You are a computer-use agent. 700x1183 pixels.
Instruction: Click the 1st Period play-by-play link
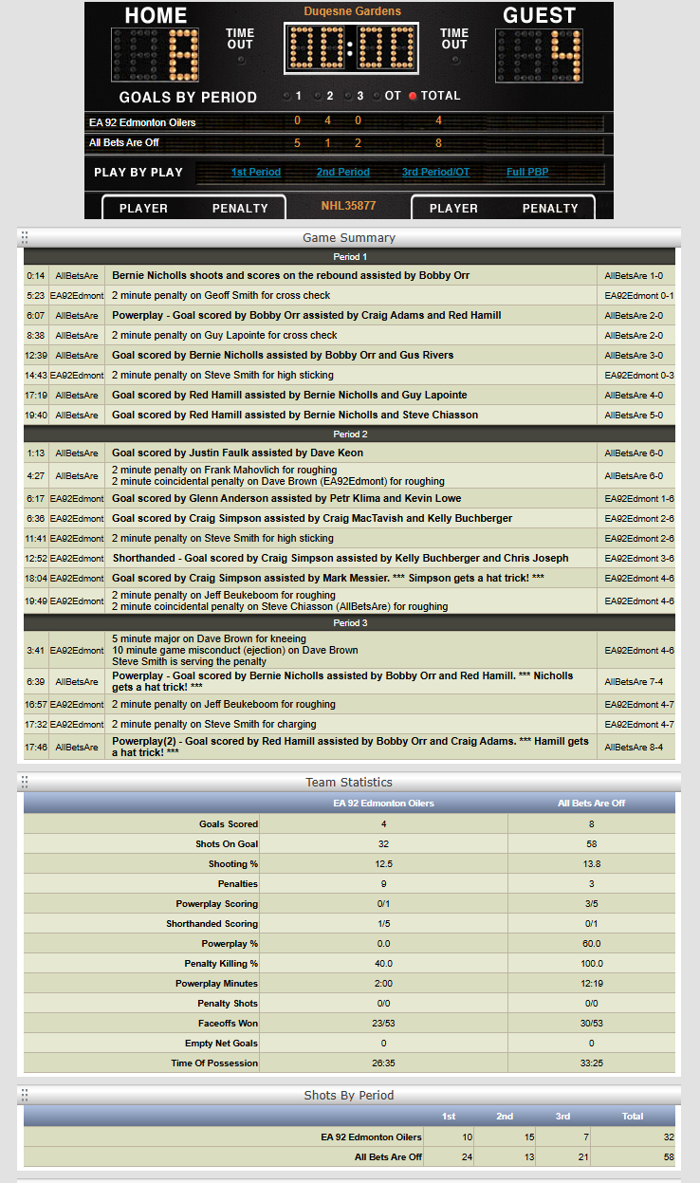(x=256, y=173)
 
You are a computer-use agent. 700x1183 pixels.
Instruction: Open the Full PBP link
(x=527, y=173)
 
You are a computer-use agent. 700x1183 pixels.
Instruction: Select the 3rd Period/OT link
(x=435, y=173)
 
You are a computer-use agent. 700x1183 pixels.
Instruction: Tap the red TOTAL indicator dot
(x=413, y=96)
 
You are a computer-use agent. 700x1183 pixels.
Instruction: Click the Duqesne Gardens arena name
(x=353, y=11)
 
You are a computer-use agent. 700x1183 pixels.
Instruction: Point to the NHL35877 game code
(x=349, y=206)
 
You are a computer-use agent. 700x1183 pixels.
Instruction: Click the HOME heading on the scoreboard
(x=156, y=15)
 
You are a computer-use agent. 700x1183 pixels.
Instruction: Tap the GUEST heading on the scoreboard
(x=540, y=15)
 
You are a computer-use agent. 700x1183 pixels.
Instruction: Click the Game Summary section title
(x=349, y=237)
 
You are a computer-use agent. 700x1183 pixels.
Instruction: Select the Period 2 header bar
(x=349, y=434)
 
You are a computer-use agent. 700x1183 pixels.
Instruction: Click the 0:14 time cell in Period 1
(x=36, y=275)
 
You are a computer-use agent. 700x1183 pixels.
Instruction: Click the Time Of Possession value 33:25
(x=592, y=1063)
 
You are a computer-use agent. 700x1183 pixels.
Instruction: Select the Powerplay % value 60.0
(x=592, y=944)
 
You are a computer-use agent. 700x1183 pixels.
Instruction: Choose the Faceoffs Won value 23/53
(x=383, y=1024)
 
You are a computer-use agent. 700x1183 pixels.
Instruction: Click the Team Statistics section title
(x=349, y=783)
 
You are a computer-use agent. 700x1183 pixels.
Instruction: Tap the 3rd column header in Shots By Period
(x=563, y=1117)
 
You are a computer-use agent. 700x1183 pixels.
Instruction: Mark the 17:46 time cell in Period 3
(x=36, y=748)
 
